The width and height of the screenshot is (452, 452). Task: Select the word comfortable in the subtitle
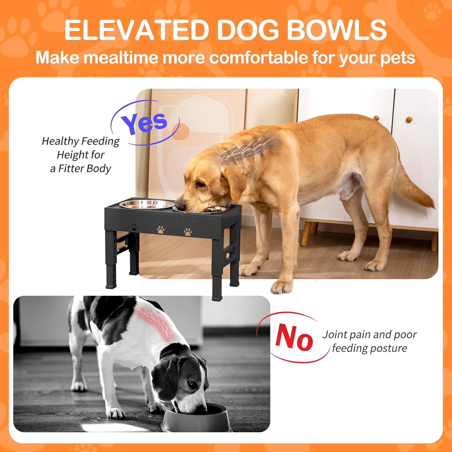(x=259, y=57)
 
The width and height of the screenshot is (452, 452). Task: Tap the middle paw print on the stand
(x=161, y=230)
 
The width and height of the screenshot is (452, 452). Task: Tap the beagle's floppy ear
(x=164, y=383)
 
